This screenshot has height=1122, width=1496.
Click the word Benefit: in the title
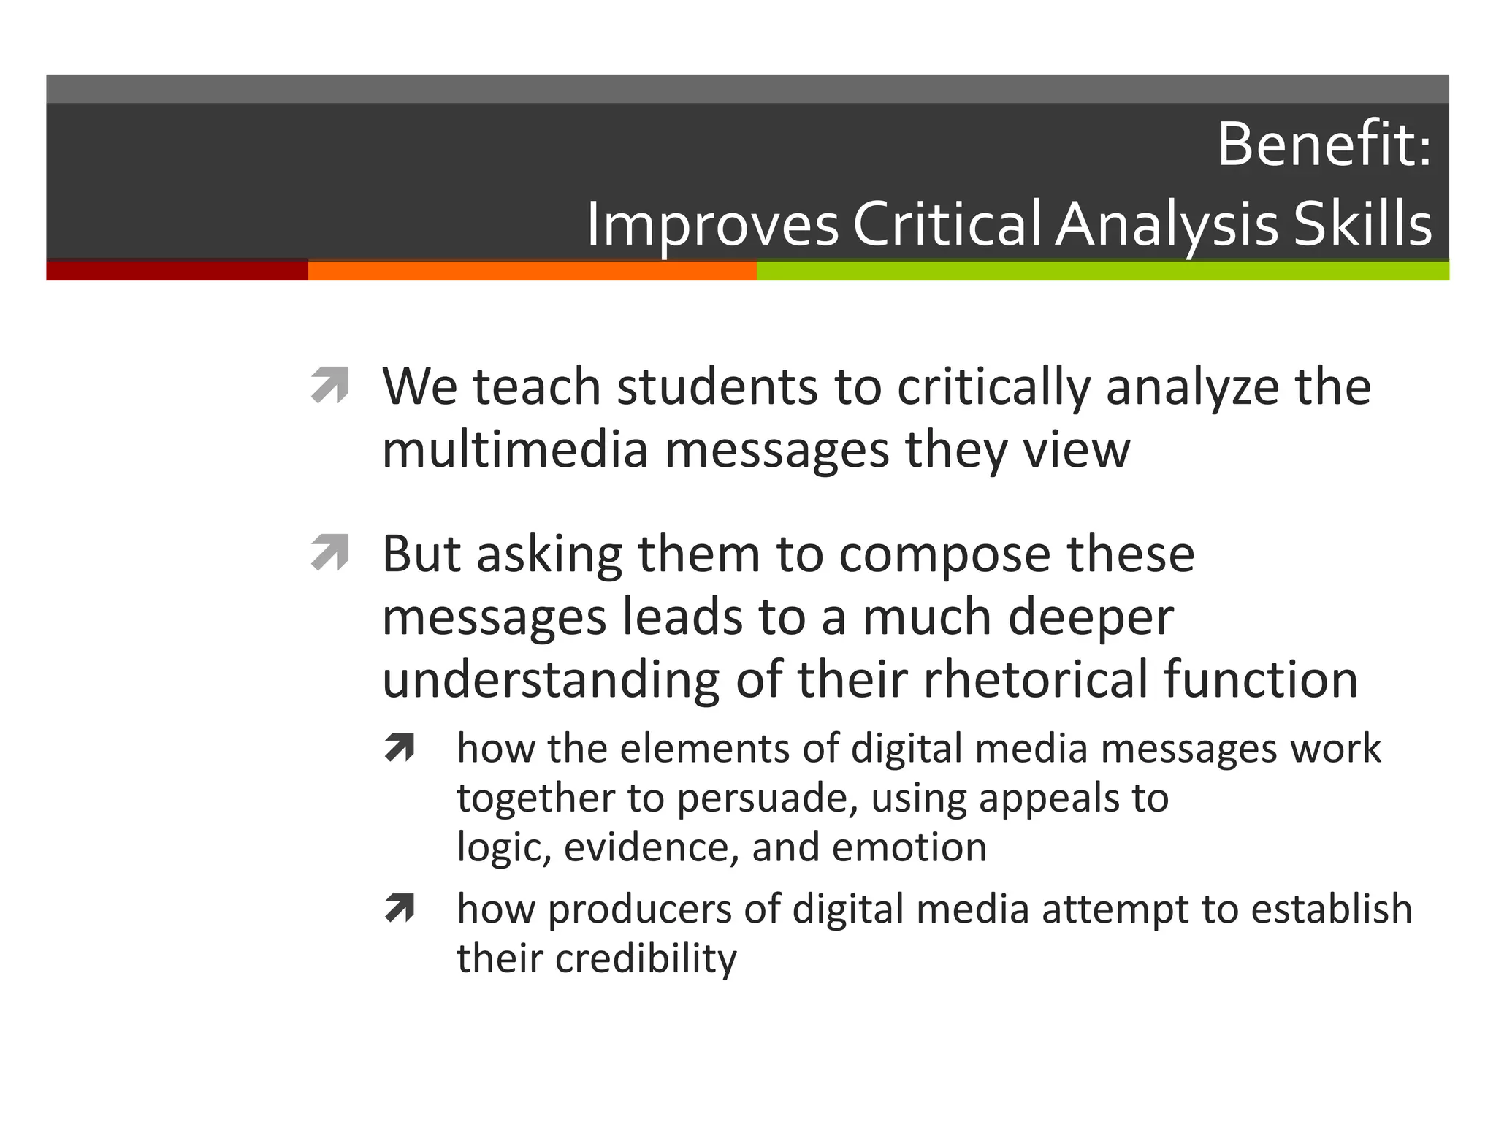click(x=1324, y=145)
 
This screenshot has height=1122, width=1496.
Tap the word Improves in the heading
click(x=713, y=225)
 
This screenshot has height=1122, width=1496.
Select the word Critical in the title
click(x=947, y=224)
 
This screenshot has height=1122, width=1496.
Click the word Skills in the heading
click(x=1362, y=224)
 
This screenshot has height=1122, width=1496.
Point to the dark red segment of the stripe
click(x=177, y=270)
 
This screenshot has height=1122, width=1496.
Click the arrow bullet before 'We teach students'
click(x=329, y=386)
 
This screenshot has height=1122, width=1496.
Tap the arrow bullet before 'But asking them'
click(x=329, y=553)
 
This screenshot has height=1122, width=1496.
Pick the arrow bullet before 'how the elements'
click(x=400, y=748)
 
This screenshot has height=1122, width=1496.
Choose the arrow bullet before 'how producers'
click(x=400, y=909)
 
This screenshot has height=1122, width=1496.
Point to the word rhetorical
click(x=1035, y=679)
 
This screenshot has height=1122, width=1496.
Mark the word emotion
click(x=909, y=847)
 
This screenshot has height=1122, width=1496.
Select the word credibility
click(x=646, y=958)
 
